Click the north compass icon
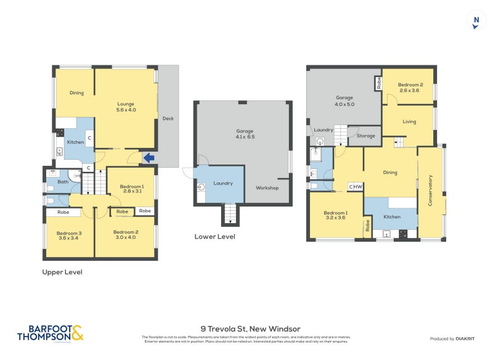[x=476, y=20]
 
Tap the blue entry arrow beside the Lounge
[x=148, y=158]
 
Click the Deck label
[x=168, y=118]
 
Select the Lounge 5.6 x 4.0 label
[x=126, y=107]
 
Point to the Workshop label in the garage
[x=267, y=187]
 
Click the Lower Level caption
[x=214, y=236]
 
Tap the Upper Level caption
[x=62, y=272]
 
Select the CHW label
[x=356, y=187]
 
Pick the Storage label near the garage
[x=366, y=136]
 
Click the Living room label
[x=409, y=121]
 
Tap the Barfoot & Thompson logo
[x=50, y=333]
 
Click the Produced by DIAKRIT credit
[x=455, y=338]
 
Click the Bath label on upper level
[x=62, y=182]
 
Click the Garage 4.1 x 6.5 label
[x=245, y=134]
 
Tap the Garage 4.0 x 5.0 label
[x=344, y=100]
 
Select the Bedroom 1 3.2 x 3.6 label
[x=336, y=216]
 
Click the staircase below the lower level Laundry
[x=229, y=214]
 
